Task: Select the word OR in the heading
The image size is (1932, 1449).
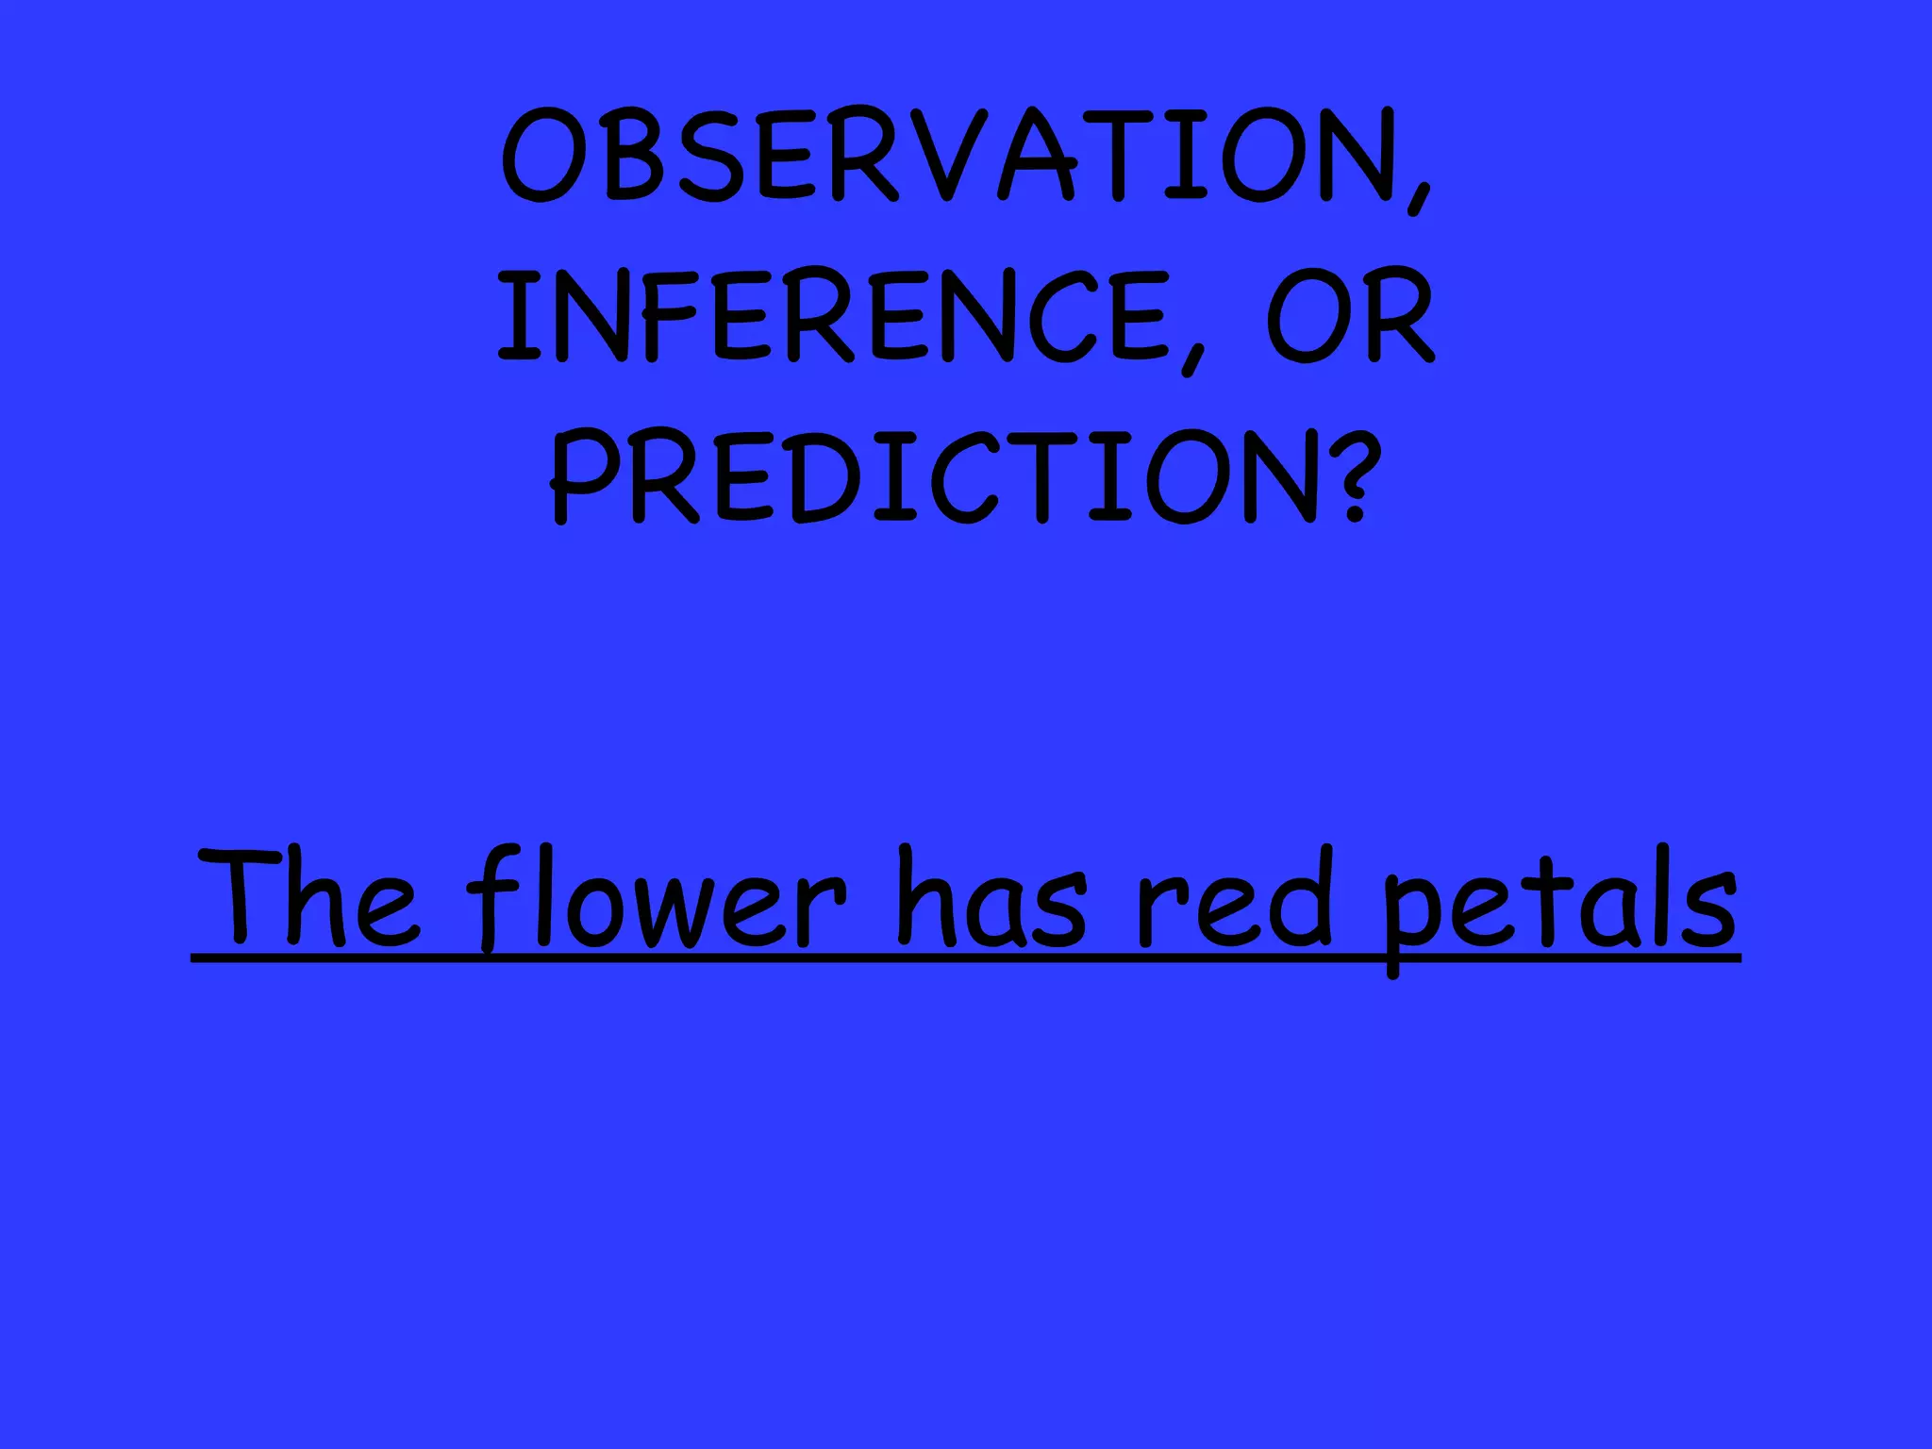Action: [x=1350, y=315]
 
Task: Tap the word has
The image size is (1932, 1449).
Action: [x=991, y=896]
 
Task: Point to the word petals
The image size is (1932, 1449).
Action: [x=1557, y=901]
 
